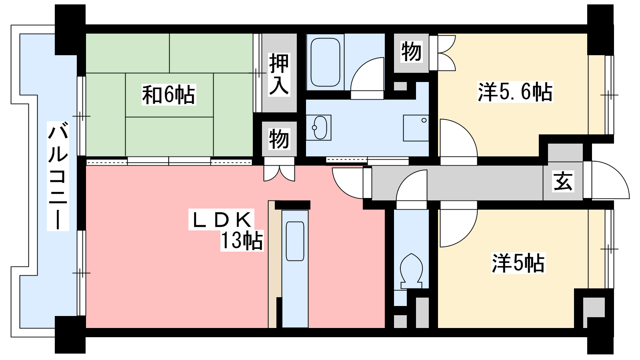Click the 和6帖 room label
(x=168, y=94)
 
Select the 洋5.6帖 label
(x=515, y=92)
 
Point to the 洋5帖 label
(x=518, y=263)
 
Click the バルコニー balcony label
(x=58, y=176)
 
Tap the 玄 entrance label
(x=563, y=181)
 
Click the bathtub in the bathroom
(x=325, y=62)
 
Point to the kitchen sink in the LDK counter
(x=295, y=241)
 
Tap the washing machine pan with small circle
(x=416, y=128)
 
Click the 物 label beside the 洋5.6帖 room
(x=411, y=52)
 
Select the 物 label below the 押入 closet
(x=279, y=139)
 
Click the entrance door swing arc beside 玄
(x=618, y=172)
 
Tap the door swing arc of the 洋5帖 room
(x=466, y=236)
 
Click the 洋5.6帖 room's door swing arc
(x=466, y=130)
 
